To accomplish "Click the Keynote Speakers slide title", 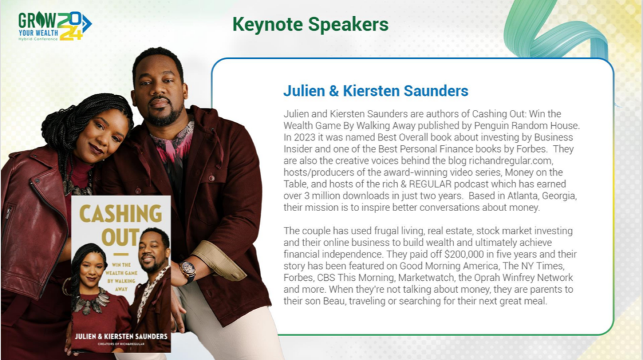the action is [x=310, y=24].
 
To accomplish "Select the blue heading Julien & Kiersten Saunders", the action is [x=376, y=90].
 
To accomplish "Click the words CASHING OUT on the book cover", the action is [x=121, y=226].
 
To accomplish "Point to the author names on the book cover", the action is [x=121, y=336].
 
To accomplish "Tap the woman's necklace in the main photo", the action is [x=78, y=186].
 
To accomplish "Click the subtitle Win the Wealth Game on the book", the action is [x=121, y=277].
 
